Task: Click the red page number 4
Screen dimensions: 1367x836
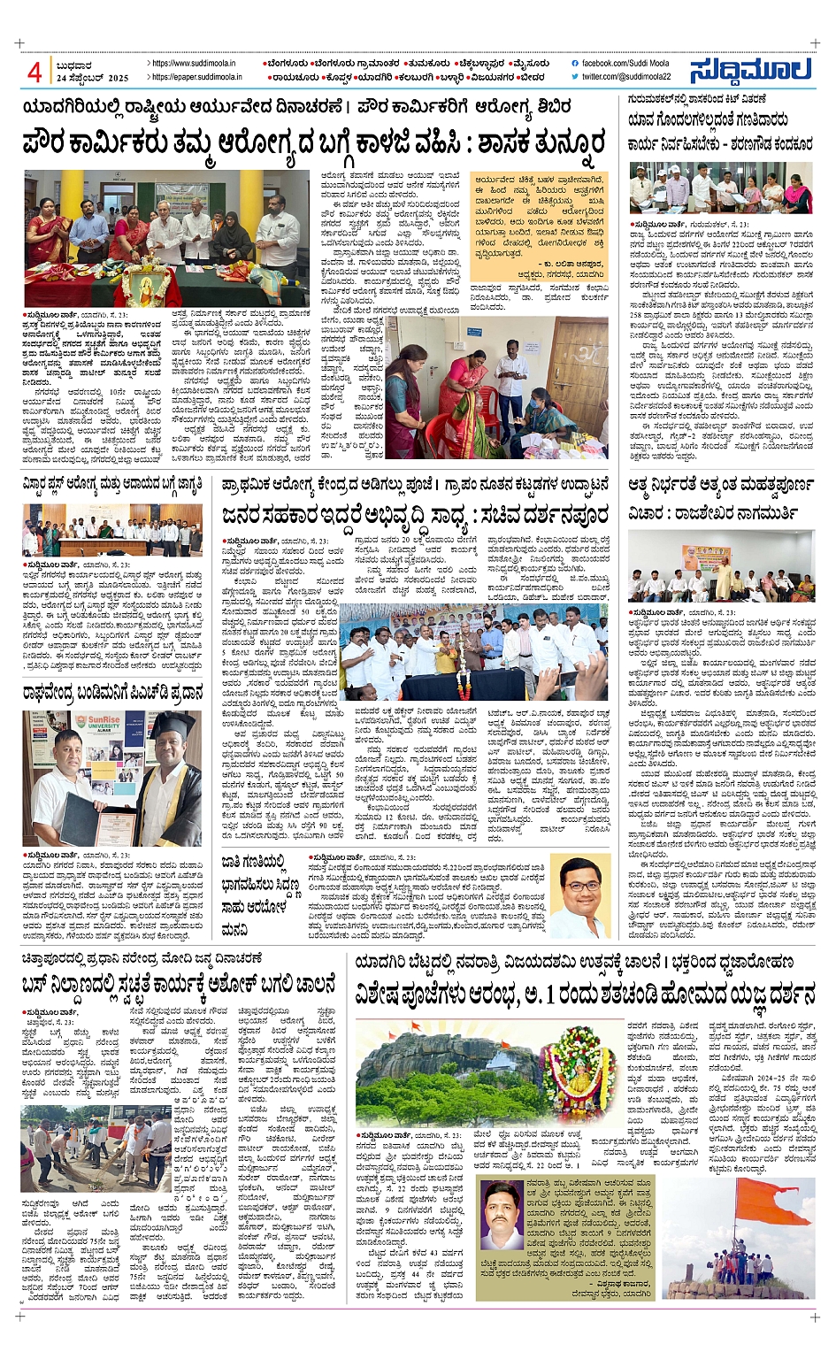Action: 35,72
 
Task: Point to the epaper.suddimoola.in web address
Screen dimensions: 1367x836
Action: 193,77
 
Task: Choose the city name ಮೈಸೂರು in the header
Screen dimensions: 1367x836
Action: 527,64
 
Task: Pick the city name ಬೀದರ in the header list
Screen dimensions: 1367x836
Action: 532,77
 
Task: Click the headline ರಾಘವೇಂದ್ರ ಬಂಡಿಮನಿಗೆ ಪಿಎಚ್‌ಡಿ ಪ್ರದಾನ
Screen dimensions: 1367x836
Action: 113,693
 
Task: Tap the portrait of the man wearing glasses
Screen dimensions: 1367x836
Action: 580,896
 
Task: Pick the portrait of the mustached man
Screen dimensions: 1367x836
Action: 501,1212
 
